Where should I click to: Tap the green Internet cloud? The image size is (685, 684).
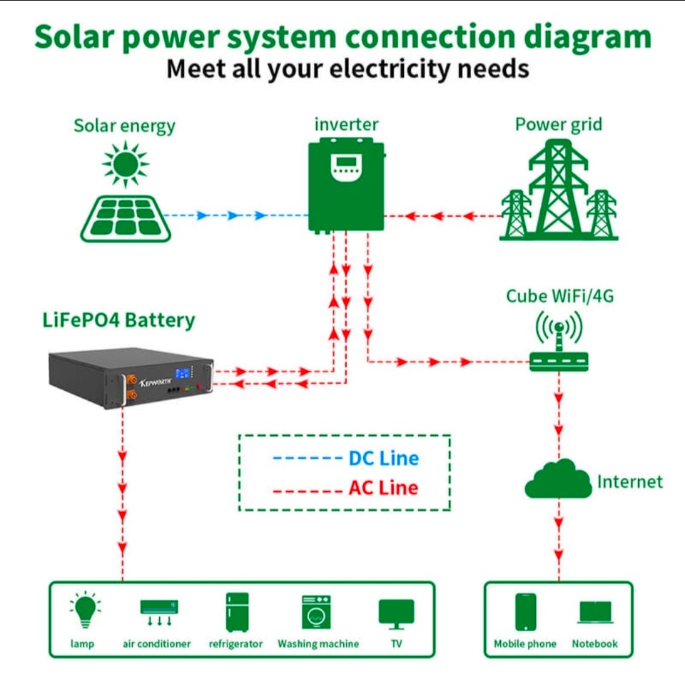(558, 479)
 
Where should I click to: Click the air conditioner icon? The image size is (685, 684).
(158, 612)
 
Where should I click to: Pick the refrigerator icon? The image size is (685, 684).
(236, 612)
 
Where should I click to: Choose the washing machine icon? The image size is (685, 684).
(316, 612)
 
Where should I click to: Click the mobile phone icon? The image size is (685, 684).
(525, 612)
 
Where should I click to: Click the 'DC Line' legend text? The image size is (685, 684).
(383, 458)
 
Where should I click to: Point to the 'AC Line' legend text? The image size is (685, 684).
(383, 489)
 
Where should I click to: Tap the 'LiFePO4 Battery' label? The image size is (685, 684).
(118, 320)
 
